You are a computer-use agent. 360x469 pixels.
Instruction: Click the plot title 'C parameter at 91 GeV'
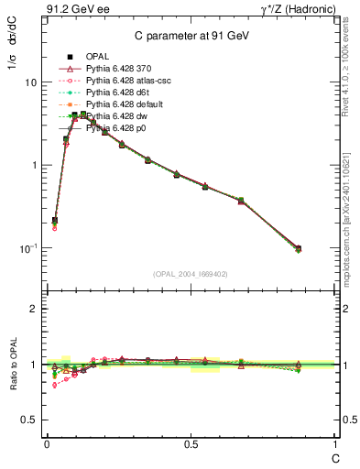click(x=188, y=36)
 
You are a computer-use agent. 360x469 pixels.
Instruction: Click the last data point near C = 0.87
click(x=299, y=248)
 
